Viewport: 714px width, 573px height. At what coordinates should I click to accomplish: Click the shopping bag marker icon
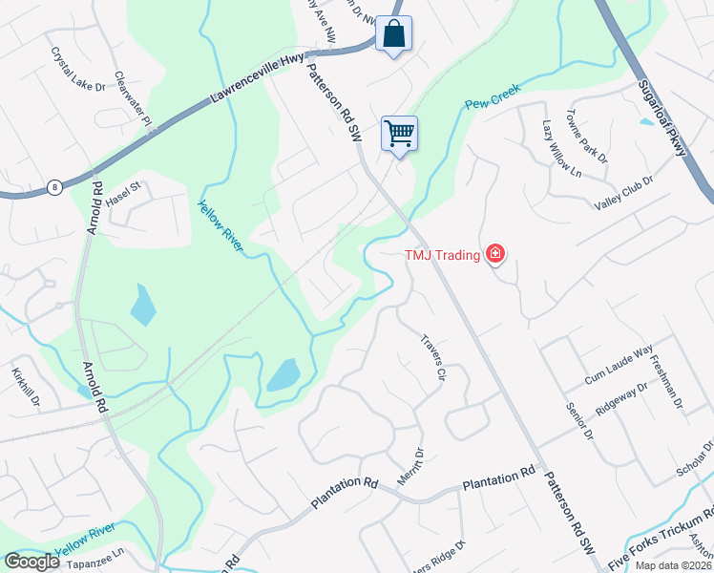tap(393, 34)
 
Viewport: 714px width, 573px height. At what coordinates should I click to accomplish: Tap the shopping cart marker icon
tap(399, 133)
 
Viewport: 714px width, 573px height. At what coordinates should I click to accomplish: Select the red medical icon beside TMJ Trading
tap(494, 254)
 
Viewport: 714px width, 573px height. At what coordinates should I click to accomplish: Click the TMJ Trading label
tap(442, 254)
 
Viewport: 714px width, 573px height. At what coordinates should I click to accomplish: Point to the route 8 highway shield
tap(55, 188)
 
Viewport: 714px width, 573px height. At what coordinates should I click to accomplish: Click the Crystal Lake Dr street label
tap(78, 71)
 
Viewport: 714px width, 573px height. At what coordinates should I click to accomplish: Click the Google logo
tap(32, 562)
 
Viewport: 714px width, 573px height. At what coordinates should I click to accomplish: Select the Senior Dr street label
tap(579, 420)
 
